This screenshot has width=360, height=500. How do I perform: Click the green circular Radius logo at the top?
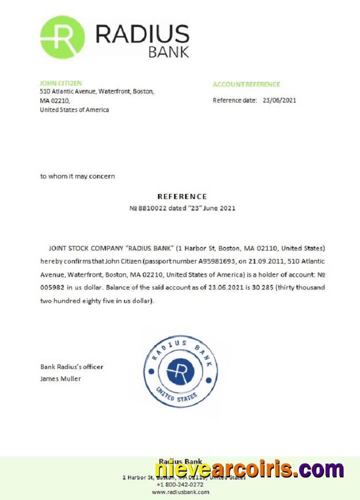pyautogui.click(x=62, y=37)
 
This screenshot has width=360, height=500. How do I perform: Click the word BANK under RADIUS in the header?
pyautogui.click(x=168, y=51)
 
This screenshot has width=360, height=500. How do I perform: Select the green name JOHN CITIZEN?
pyautogui.click(x=60, y=83)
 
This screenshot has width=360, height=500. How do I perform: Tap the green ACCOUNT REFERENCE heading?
pyautogui.click(x=246, y=84)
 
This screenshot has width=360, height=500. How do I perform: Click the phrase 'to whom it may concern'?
pyautogui.click(x=77, y=176)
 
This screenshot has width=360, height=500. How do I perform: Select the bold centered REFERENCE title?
pyautogui.click(x=182, y=196)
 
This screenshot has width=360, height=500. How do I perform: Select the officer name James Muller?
pyautogui.click(x=60, y=378)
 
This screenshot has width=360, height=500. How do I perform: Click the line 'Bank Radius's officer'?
pyautogui.click(x=71, y=366)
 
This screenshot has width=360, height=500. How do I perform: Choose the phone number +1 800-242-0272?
pyautogui.click(x=180, y=484)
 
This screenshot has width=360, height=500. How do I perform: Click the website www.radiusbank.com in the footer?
pyautogui.click(x=180, y=492)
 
